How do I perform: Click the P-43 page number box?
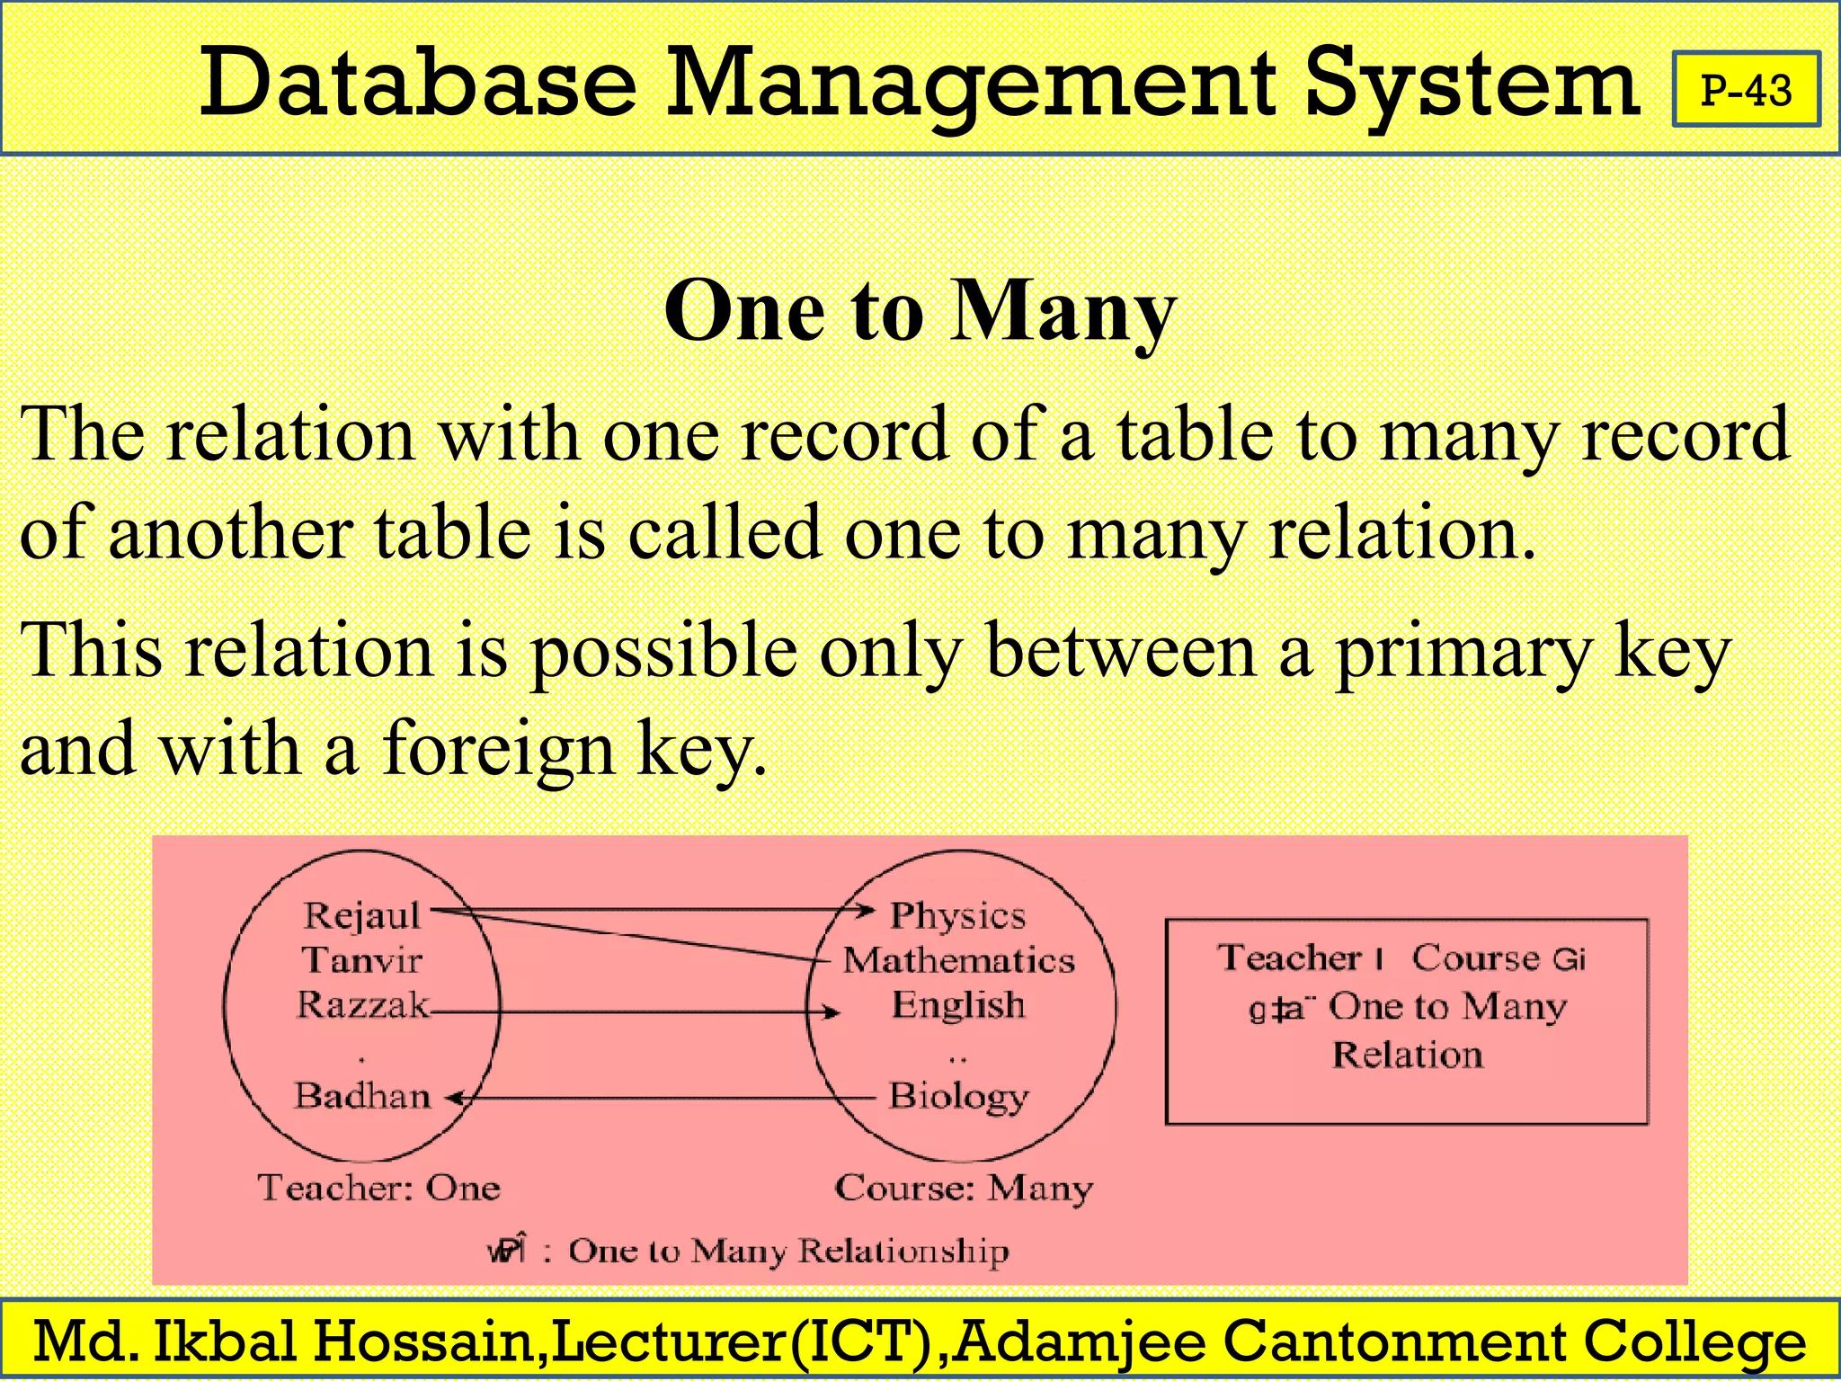1746,90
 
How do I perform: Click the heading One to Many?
920,310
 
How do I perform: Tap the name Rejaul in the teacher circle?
362,915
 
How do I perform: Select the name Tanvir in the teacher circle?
362,960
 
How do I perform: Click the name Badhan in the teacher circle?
363,1095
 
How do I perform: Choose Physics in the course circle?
957,915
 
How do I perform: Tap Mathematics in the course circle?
958,960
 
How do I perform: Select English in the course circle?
958,1004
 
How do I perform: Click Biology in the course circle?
958,1096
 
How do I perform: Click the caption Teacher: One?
378,1188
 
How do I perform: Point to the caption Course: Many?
964,1189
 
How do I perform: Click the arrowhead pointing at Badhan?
457,1098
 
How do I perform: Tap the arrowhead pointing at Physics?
866,910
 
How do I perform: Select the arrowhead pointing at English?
832,1012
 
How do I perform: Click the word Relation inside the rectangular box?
1407,1055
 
